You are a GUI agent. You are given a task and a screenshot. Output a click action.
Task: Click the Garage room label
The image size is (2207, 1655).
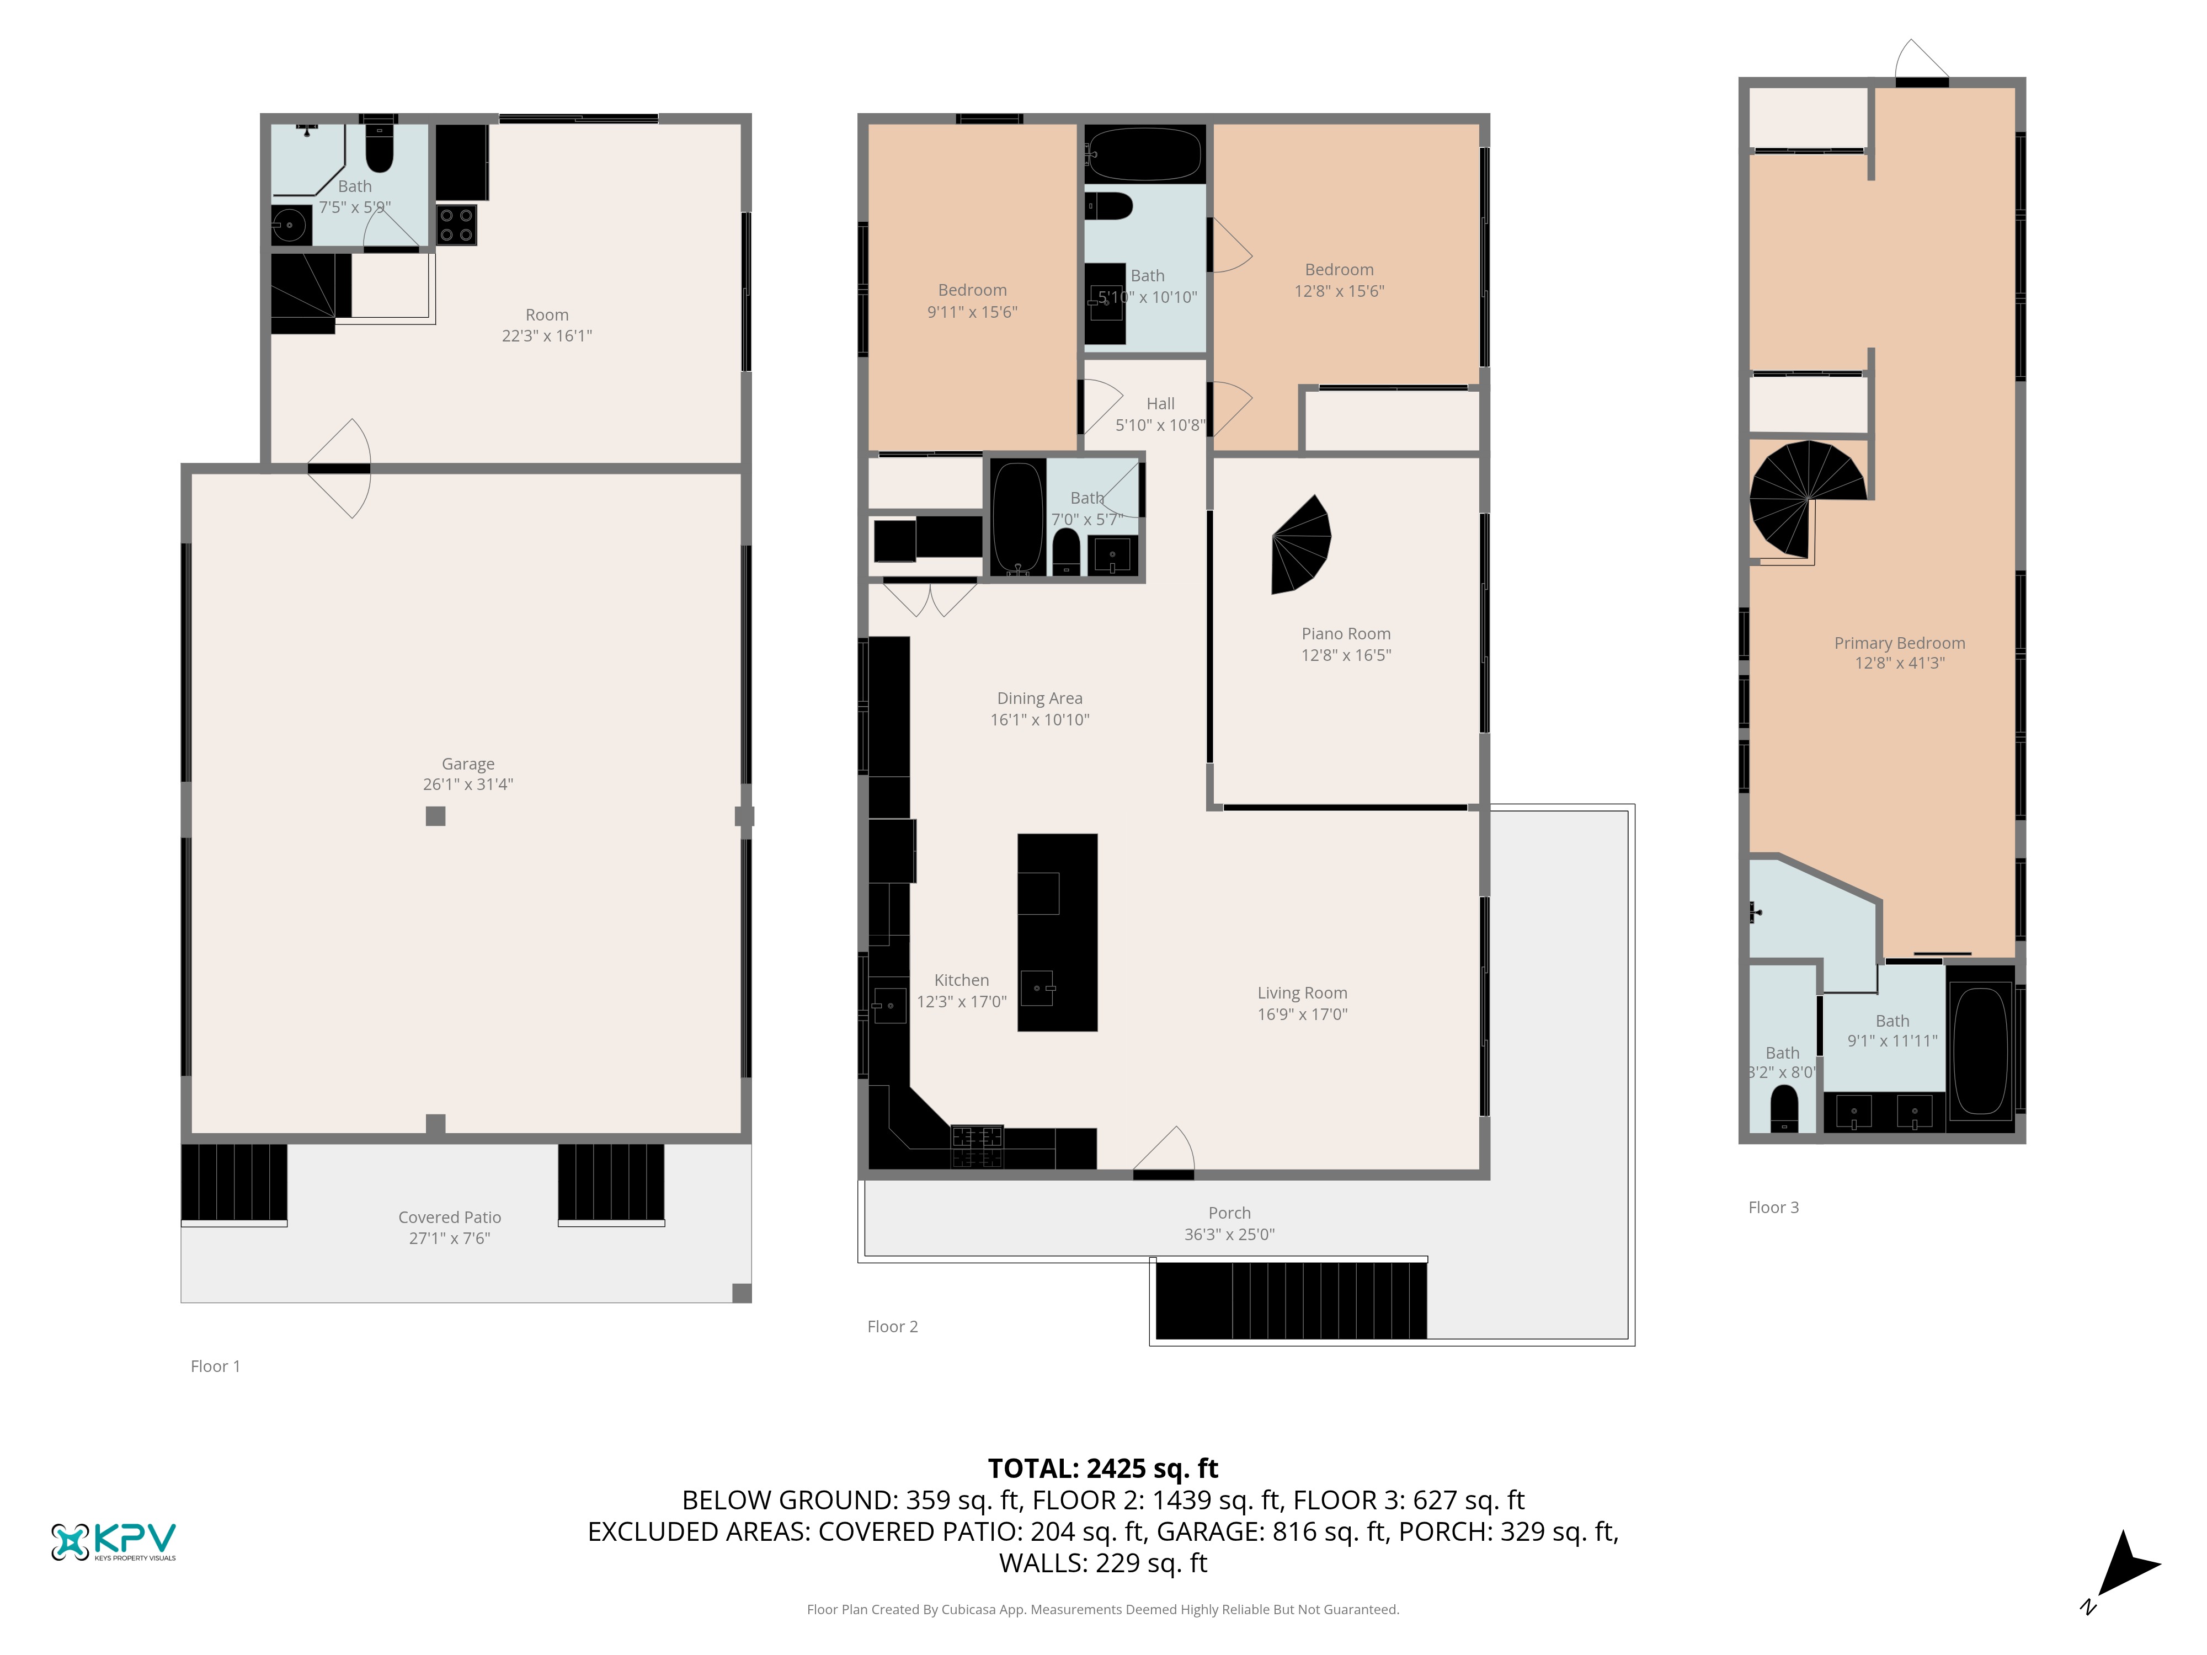(468, 764)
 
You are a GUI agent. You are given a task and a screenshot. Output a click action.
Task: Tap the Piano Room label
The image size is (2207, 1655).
(1346, 633)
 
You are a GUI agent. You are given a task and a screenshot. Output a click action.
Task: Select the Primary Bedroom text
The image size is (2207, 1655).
(1900, 643)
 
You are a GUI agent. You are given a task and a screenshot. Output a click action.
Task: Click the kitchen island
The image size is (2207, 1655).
(1058, 932)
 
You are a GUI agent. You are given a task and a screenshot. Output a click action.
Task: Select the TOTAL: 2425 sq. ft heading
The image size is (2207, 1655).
(1102, 1469)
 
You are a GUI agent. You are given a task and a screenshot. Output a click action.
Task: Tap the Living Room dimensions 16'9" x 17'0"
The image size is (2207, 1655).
(1302, 1015)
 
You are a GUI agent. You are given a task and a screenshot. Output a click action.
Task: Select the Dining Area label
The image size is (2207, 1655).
(1039, 698)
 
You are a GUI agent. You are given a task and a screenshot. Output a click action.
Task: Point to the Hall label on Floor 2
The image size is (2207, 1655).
(1160, 404)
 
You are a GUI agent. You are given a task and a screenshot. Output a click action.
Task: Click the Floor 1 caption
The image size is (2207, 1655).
(216, 1366)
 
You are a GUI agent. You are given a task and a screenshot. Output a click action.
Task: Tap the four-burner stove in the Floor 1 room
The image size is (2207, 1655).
(456, 225)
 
